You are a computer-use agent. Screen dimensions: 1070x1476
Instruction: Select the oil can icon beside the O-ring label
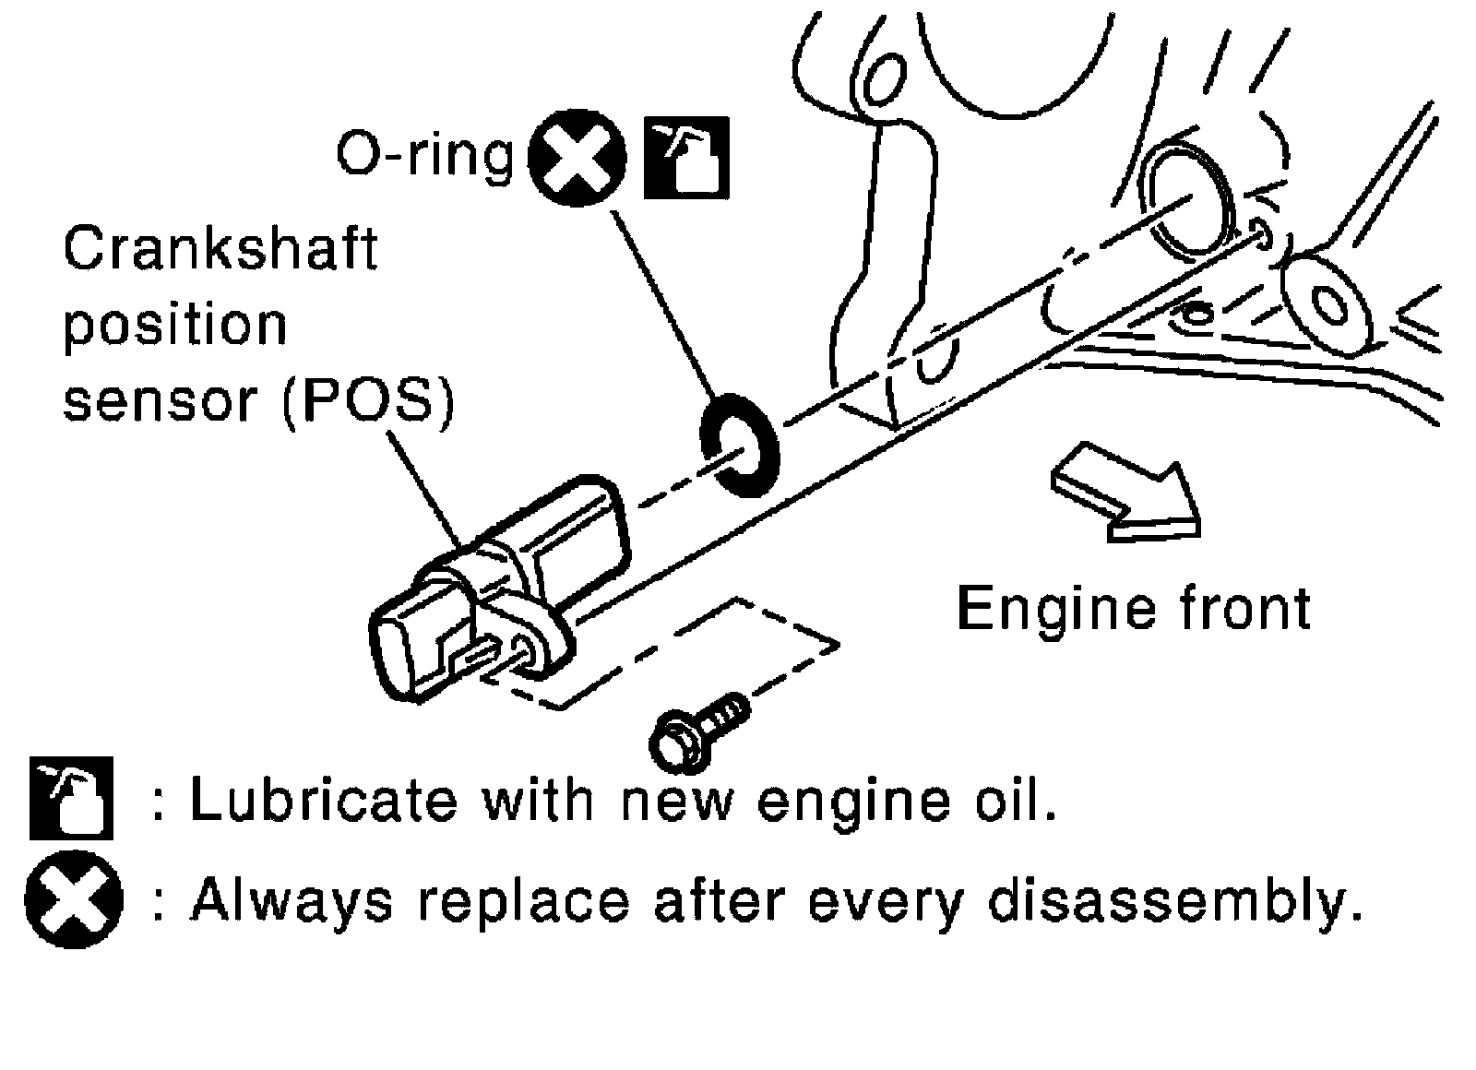pyautogui.click(x=684, y=158)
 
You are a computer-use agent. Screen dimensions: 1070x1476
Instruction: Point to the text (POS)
pyautogui.click(x=368, y=402)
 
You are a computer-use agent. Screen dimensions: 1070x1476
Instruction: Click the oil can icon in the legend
pyautogui.click(x=71, y=798)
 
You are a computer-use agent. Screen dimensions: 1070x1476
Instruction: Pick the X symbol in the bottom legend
pyautogui.click(x=73, y=900)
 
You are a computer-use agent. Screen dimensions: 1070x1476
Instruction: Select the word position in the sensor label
pyautogui.click(x=175, y=326)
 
